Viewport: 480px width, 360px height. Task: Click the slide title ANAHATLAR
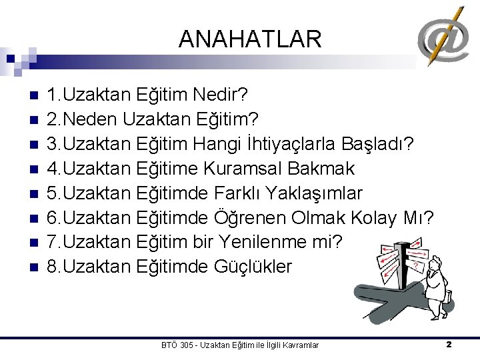coord(250,39)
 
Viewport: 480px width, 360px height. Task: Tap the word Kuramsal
coord(261,169)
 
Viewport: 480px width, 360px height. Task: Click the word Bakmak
coord(326,169)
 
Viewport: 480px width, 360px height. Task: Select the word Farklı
coord(238,193)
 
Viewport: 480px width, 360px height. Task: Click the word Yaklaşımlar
coord(313,193)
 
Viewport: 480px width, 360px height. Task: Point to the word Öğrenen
coord(250,218)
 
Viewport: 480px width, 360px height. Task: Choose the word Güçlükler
coord(253,267)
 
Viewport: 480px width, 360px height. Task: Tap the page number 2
coord(449,345)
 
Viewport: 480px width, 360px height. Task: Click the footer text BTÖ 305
coord(177,345)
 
